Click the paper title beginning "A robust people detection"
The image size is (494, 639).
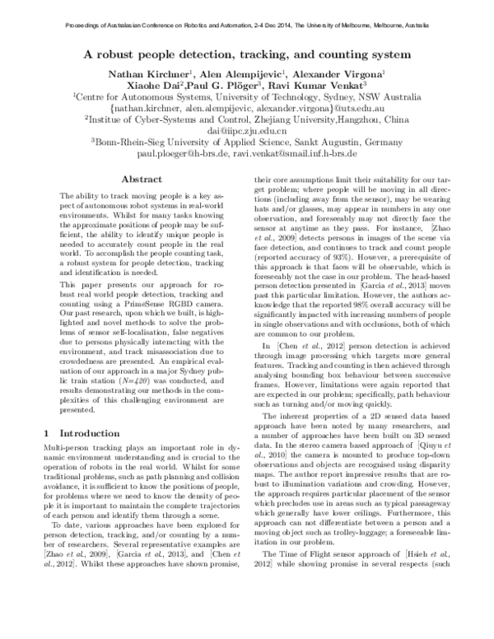[x=247, y=55]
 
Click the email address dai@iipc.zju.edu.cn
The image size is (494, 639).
[x=247, y=130]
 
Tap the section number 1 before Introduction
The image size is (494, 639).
[x=46, y=433]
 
